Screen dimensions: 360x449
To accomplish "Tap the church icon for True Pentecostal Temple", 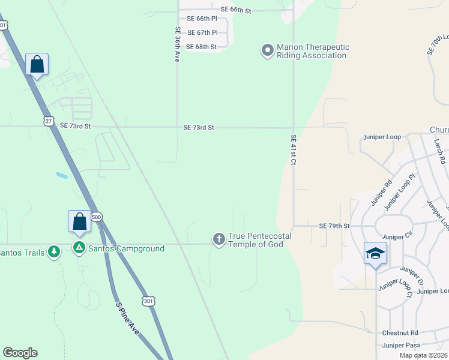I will (219, 239).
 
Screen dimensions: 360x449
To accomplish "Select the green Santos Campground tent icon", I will (79, 248).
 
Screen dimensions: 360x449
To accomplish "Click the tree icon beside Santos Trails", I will (54, 251).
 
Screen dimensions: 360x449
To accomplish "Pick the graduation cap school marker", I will (375, 253).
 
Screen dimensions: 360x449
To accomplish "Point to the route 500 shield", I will (97, 217).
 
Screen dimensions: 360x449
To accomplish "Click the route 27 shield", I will (49, 121).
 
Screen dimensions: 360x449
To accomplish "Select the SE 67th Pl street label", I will (202, 32).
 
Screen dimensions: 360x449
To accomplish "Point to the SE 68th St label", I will (202, 47).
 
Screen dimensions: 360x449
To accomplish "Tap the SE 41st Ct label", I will (294, 150).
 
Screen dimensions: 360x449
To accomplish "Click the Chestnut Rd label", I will (400, 332).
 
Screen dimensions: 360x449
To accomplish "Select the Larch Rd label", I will (441, 152).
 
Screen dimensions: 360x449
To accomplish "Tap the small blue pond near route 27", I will (61, 176).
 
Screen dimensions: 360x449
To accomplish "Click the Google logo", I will (20, 353).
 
